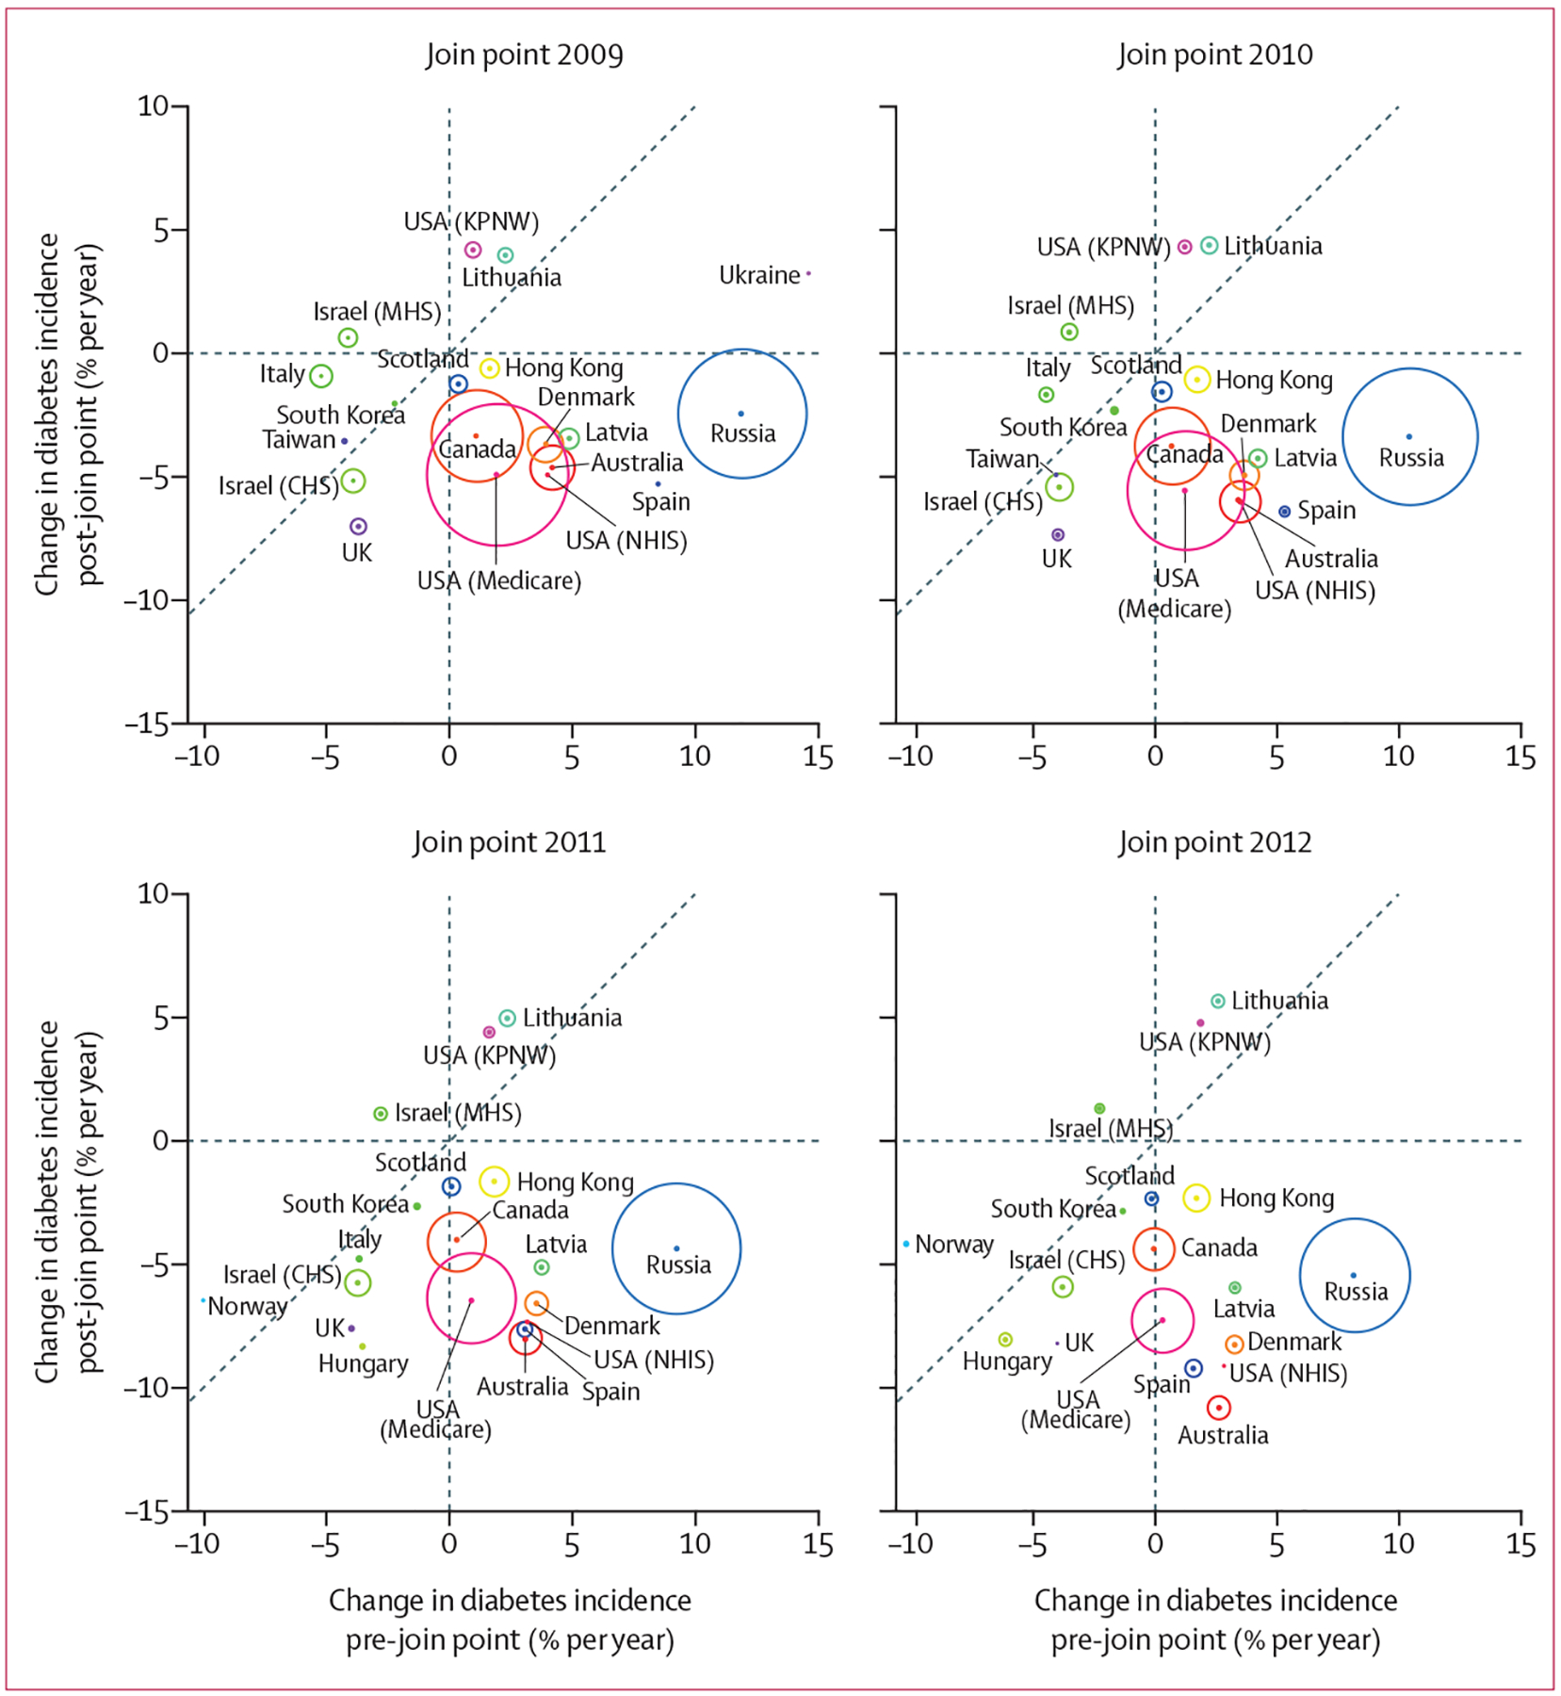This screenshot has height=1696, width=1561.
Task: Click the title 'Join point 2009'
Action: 524,55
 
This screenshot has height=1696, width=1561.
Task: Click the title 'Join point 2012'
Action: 1214,841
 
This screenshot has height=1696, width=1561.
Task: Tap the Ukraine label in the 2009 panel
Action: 759,275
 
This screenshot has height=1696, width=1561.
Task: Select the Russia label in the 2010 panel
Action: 1410,458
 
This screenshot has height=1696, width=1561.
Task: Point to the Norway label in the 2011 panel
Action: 247,1306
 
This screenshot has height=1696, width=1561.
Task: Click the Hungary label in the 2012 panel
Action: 1006,1362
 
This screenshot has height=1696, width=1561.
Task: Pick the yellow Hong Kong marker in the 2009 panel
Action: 489,368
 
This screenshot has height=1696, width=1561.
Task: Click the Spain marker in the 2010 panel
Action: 1284,511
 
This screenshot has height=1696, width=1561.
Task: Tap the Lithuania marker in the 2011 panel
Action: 507,1018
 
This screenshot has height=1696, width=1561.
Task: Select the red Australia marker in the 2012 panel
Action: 1218,1408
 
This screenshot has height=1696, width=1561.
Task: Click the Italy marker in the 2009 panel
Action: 321,376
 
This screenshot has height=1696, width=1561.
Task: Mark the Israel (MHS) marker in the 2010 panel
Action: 1068,332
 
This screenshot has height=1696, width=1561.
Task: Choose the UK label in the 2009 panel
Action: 356,553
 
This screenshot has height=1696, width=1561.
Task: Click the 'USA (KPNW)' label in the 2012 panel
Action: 1204,1042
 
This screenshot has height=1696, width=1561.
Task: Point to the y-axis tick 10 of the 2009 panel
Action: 154,106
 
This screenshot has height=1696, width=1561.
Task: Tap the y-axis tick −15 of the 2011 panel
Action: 148,1511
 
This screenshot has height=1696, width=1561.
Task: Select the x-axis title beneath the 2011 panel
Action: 510,1620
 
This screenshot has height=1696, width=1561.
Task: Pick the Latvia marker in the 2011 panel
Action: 542,1267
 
